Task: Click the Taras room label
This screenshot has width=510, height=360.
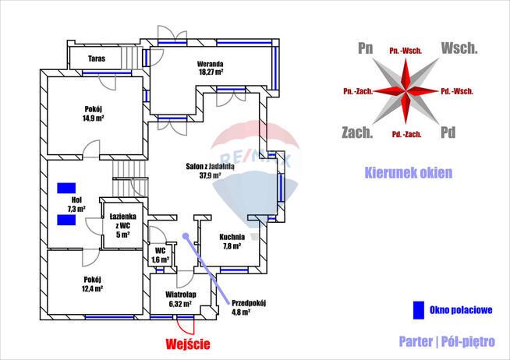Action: (96, 58)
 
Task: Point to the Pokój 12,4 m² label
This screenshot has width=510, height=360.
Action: (93, 284)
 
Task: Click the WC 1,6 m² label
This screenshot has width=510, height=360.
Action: (160, 255)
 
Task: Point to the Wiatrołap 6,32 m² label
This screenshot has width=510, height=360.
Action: (181, 299)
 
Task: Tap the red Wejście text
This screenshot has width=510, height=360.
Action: (188, 342)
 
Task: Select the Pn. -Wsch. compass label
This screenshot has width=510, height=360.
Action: (406, 51)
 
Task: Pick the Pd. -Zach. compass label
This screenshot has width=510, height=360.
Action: (407, 134)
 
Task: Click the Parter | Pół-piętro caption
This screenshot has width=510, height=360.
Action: (447, 341)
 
